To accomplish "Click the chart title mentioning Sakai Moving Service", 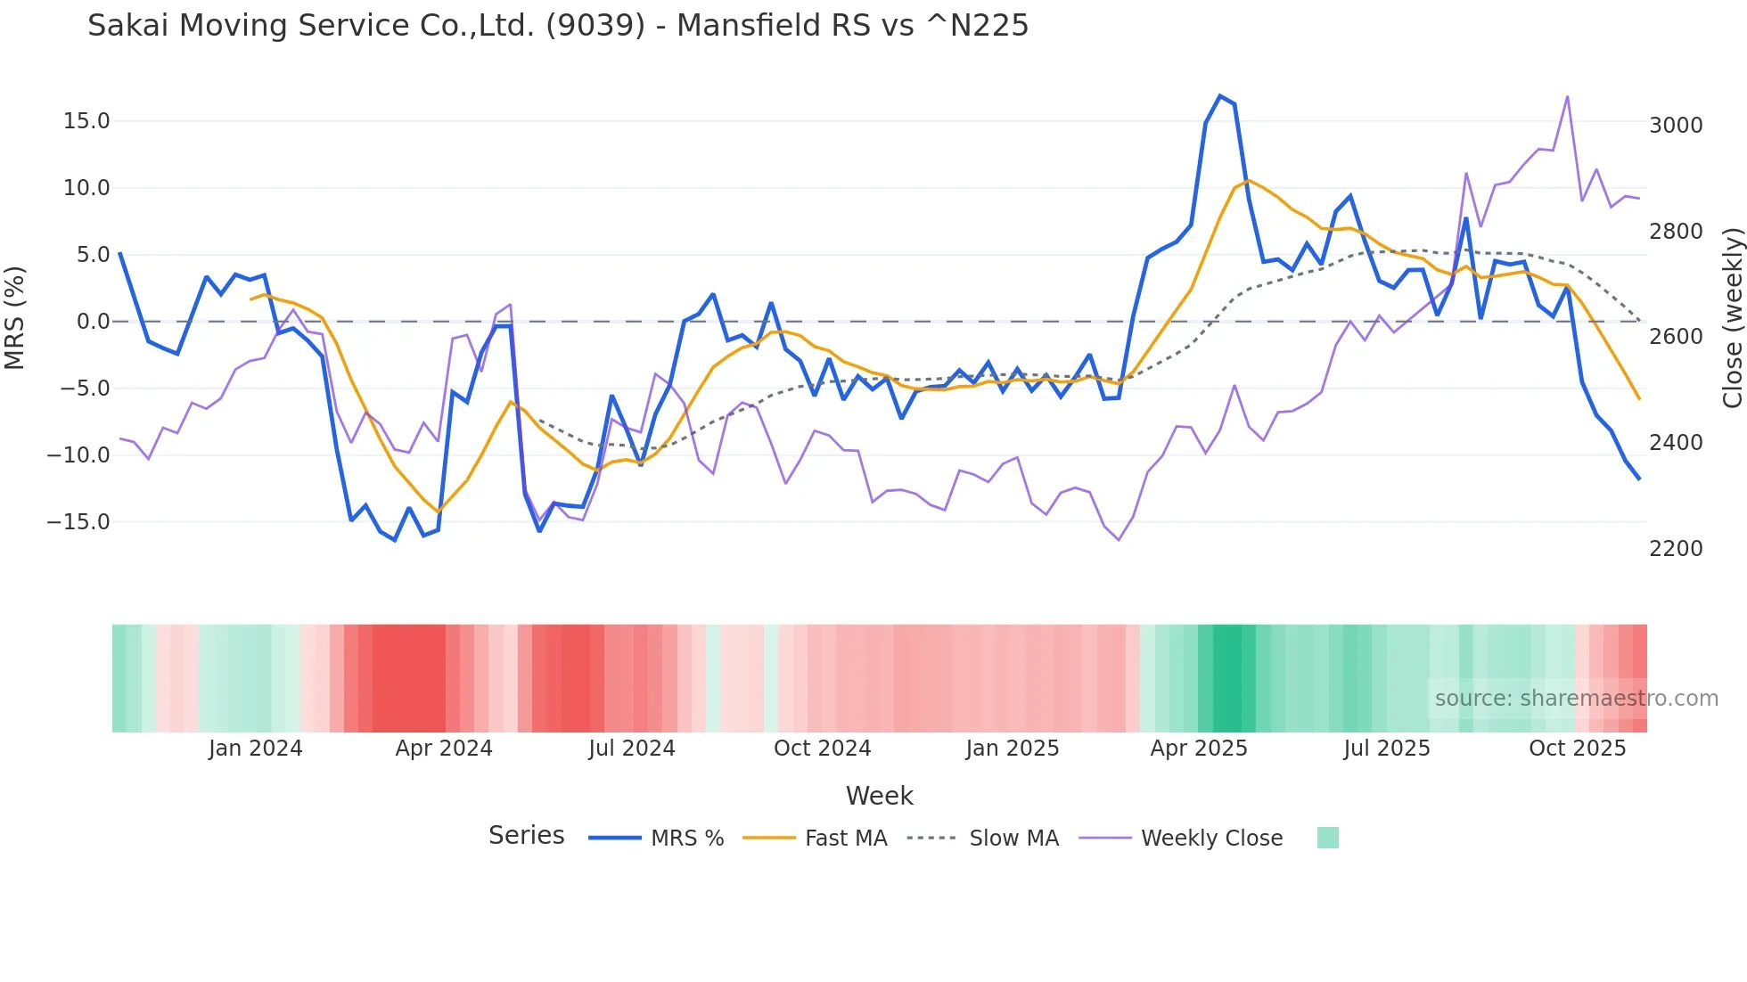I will [x=558, y=26].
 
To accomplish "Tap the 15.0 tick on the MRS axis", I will [x=86, y=121].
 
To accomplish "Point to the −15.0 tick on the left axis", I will [x=78, y=522].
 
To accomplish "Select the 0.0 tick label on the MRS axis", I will [x=93, y=322].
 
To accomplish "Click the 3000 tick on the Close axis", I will [x=1676, y=126].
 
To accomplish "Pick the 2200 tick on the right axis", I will [x=1676, y=549].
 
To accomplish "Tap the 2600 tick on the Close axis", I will [x=1676, y=337].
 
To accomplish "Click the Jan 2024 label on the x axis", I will [x=256, y=749].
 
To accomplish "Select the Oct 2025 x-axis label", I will [x=1577, y=749].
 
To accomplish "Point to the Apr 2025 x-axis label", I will [x=1199, y=749].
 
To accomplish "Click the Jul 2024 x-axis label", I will [x=632, y=749].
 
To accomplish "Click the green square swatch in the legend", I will [x=1327, y=838].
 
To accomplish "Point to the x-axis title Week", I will [x=879, y=796].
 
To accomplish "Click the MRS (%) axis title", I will [x=15, y=318].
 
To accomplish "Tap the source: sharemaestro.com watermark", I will [x=1576, y=699].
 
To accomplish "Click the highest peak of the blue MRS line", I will [x=1219, y=96].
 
